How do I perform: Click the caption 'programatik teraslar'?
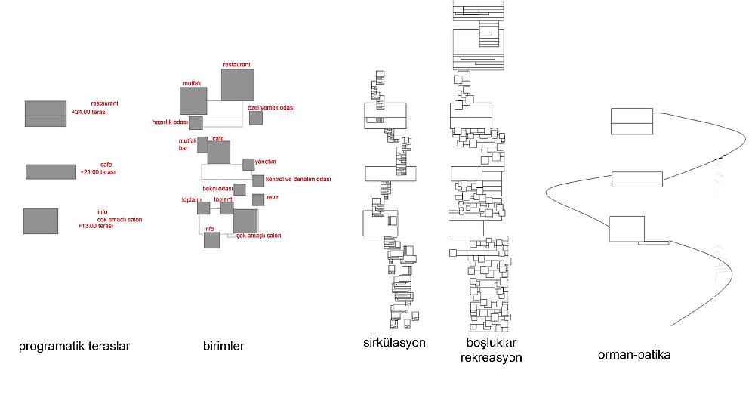(74, 347)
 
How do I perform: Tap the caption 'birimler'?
(223, 346)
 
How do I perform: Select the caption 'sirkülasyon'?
(394, 343)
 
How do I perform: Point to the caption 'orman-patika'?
(634, 355)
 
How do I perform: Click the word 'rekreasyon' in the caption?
(492, 358)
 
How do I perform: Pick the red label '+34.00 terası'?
(90, 113)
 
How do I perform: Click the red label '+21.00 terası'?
(97, 172)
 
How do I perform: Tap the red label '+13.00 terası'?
(96, 226)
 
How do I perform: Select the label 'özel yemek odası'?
(271, 108)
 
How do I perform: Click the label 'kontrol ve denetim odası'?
(298, 179)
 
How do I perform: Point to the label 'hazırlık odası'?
(170, 122)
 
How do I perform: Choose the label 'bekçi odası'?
(217, 189)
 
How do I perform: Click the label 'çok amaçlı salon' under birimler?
(258, 236)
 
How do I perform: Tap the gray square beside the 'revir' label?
(258, 199)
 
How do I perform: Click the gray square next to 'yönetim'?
(248, 165)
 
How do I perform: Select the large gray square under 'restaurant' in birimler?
(237, 85)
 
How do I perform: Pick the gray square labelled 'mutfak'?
(193, 100)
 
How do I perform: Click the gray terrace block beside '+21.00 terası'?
(51, 172)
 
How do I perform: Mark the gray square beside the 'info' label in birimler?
(212, 240)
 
